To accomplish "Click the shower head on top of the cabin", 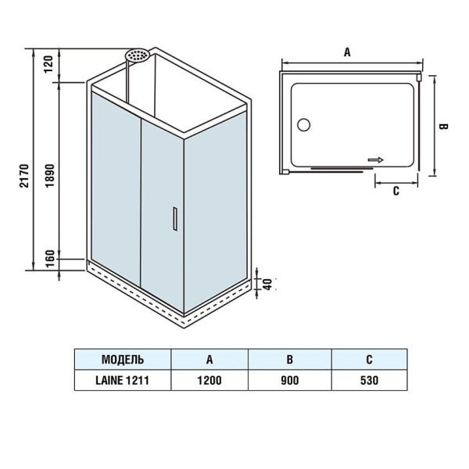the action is pos(138,55).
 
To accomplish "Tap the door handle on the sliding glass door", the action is pos(175,219).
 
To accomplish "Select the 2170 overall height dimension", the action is pos(24,176).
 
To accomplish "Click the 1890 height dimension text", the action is pos(50,176).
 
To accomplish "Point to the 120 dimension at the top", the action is pos(48,64).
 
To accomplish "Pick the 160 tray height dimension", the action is pos(50,260).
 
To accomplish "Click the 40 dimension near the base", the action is pos(268,285).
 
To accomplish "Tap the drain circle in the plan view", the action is pos(303,124).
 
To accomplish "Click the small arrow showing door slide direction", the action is pos(376,160).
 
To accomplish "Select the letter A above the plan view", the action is pos(347,52).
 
